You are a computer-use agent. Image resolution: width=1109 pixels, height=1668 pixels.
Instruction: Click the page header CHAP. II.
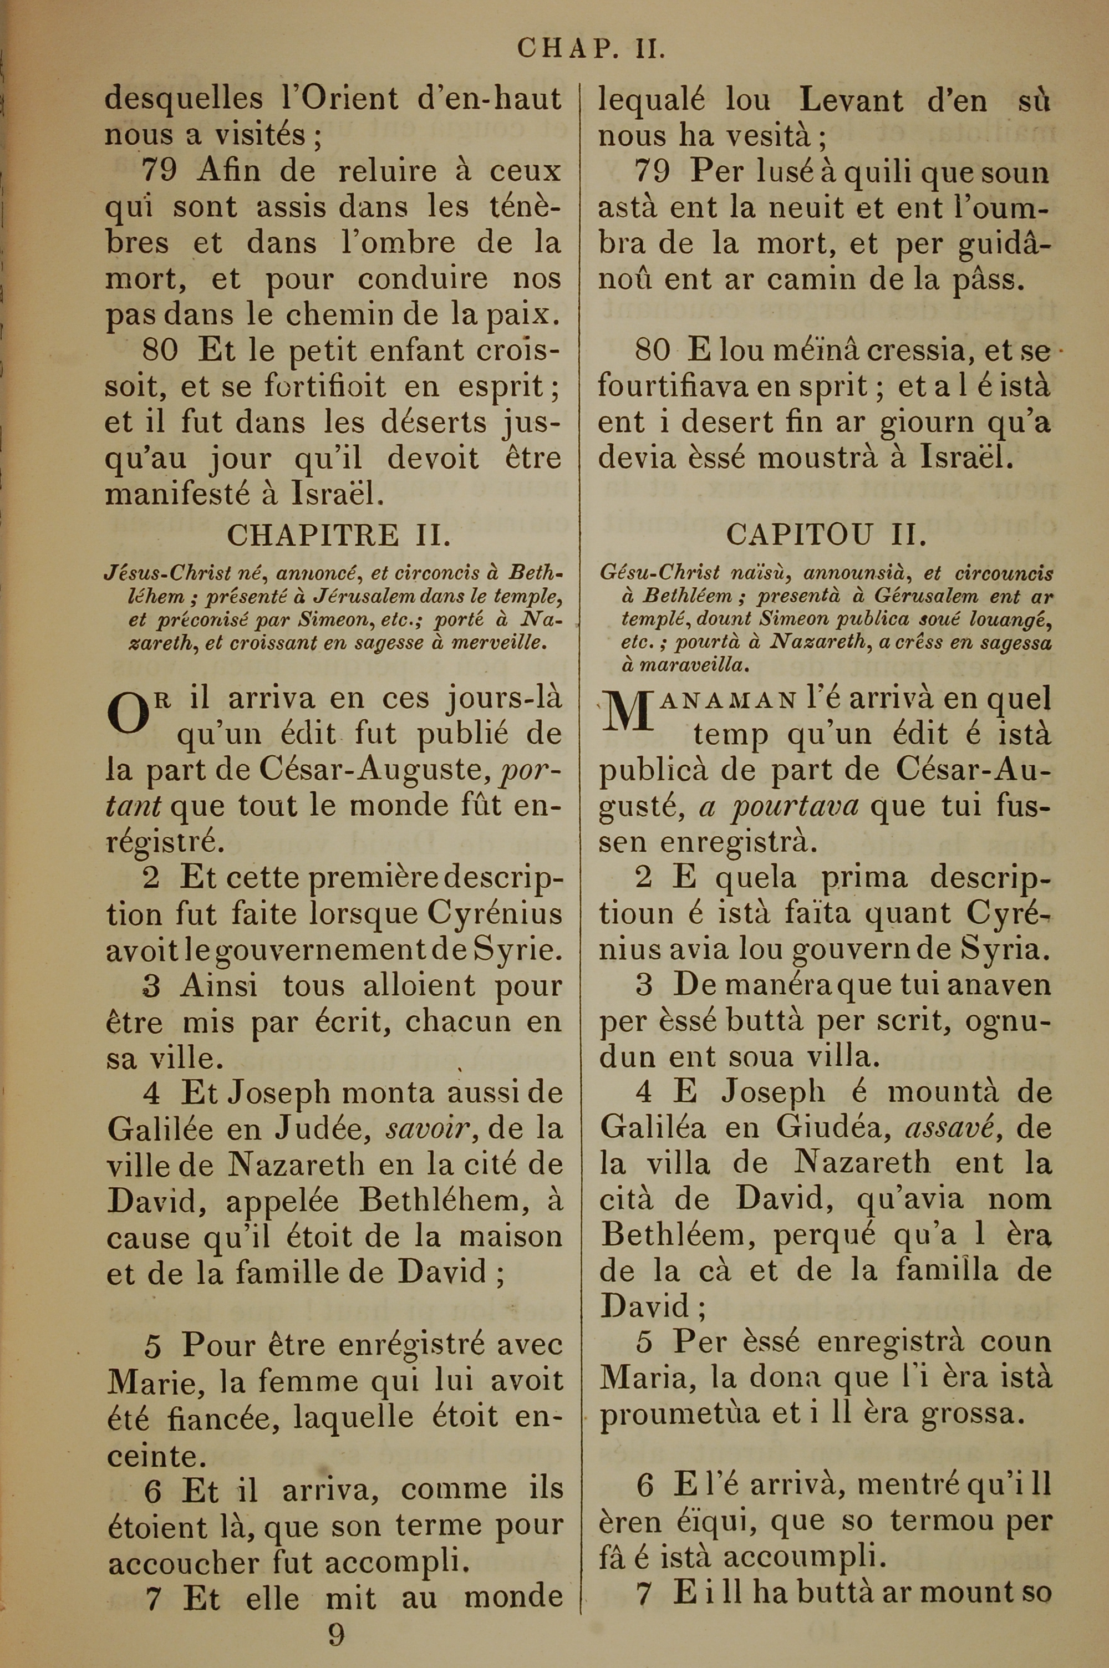tap(591, 48)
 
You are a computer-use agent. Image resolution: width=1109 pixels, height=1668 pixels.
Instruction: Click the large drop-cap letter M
tap(625, 712)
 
